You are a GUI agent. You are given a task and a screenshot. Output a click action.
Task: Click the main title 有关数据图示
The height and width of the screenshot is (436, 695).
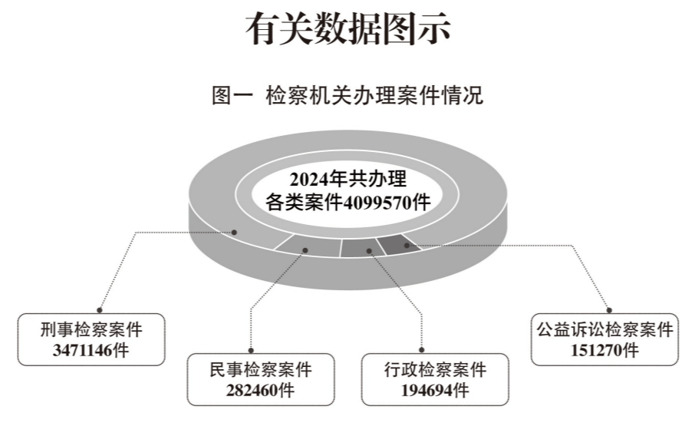(x=348, y=29)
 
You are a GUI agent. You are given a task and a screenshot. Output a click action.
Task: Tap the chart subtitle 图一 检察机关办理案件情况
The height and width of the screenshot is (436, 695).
(x=347, y=95)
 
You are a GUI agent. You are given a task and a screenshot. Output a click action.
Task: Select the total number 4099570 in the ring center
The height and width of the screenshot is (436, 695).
(x=377, y=203)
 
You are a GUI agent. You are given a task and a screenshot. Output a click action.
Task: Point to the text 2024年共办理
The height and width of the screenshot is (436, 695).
(x=348, y=179)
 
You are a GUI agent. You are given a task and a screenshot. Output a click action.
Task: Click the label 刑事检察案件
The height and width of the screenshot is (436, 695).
(x=91, y=330)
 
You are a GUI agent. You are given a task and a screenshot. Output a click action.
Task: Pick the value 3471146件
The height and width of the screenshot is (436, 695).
(x=91, y=350)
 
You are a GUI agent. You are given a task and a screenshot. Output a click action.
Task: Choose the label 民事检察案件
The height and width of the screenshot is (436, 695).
(x=261, y=369)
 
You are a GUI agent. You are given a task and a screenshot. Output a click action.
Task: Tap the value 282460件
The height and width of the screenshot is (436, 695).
(x=260, y=390)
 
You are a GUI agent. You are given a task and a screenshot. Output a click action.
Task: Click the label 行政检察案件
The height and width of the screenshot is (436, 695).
(x=435, y=369)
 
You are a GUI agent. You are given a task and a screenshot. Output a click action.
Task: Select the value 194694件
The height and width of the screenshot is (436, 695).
(x=435, y=390)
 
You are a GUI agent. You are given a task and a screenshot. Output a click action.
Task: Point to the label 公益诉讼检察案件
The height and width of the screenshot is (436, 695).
(x=604, y=330)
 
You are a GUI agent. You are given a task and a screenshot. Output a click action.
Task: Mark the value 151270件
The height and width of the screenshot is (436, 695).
(x=604, y=350)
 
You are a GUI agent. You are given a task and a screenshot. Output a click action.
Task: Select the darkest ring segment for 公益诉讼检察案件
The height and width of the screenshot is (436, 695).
(x=400, y=245)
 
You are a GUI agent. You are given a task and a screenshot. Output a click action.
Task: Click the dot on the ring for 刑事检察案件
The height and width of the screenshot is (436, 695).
(x=235, y=232)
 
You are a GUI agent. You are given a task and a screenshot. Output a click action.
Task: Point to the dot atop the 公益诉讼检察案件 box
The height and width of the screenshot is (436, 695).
(x=609, y=310)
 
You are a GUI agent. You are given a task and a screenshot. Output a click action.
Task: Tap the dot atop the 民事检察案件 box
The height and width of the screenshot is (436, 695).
(x=251, y=350)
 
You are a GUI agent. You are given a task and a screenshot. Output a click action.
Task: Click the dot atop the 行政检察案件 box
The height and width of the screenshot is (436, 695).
(x=421, y=350)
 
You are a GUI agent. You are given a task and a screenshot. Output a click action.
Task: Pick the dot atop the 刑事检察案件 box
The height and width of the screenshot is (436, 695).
(x=100, y=310)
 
